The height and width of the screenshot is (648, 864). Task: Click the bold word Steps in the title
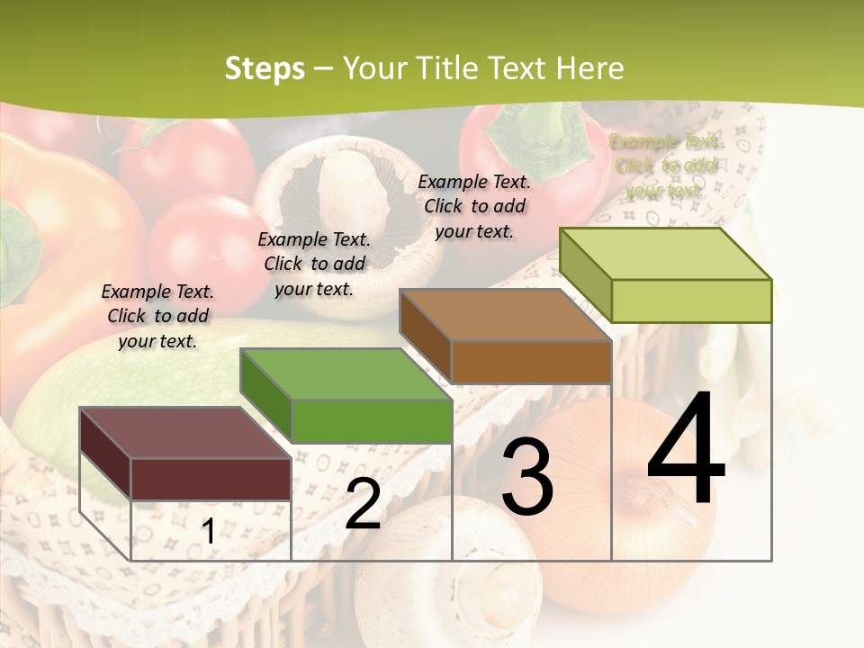(x=264, y=68)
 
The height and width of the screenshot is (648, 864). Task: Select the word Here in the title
(x=589, y=68)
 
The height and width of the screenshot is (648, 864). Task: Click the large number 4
(x=686, y=450)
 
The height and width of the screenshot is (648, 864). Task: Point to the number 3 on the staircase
(x=527, y=477)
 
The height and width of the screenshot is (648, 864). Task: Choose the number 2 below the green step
(x=363, y=505)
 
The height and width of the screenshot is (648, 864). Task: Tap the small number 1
(x=208, y=532)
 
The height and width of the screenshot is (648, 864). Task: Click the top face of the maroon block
(x=184, y=433)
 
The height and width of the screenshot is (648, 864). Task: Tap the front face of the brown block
(x=531, y=363)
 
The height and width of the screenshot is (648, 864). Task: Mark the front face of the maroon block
(x=211, y=479)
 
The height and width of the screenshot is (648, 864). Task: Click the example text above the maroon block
(x=157, y=316)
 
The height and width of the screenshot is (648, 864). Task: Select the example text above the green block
(x=314, y=264)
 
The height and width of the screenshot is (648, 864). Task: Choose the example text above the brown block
(x=474, y=206)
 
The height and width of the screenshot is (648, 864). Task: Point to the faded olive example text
(x=665, y=166)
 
